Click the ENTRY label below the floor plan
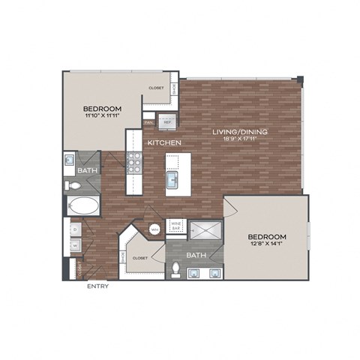[x=97, y=286]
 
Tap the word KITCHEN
[x=162, y=142]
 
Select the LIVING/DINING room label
[x=239, y=132]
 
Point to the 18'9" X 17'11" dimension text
[x=239, y=139]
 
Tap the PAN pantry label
[x=149, y=121]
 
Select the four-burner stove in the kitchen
[x=134, y=163]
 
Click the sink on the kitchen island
[x=172, y=180]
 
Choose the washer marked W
[x=76, y=244]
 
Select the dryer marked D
[x=76, y=228]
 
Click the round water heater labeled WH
[x=154, y=229]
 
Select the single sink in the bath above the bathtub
[x=69, y=160]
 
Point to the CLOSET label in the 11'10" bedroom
[x=156, y=87]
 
